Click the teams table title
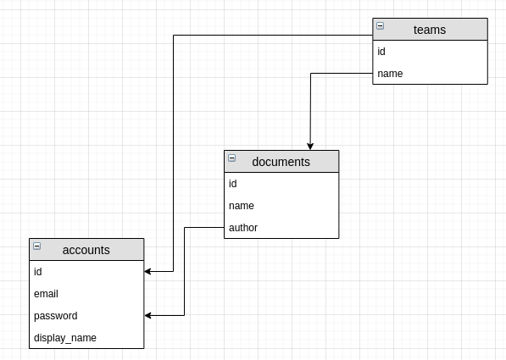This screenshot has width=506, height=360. click(x=430, y=30)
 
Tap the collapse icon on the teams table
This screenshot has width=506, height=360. click(x=380, y=26)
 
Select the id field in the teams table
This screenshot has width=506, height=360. click(x=381, y=52)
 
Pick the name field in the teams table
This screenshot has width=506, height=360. click(x=390, y=74)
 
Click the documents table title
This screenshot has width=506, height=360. click(x=281, y=162)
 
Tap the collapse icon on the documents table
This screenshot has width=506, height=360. click(x=231, y=158)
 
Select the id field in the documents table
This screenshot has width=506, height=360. click(x=233, y=184)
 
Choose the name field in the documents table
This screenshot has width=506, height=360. click(x=242, y=206)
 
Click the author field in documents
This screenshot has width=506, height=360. click(x=243, y=228)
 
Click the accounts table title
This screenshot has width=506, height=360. click(x=86, y=250)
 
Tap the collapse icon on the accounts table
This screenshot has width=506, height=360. click(x=36, y=246)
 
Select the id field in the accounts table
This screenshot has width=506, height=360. click(x=38, y=272)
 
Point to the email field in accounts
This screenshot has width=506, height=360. click(x=46, y=294)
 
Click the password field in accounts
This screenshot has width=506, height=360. click(x=56, y=316)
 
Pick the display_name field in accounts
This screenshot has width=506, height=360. click(x=65, y=338)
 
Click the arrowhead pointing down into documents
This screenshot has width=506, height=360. click(x=311, y=147)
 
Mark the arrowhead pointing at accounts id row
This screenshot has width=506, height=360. click(x=148, y=272)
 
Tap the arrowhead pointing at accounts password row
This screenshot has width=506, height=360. click(x=148, y=316)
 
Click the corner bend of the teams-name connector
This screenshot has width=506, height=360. click(x=311, y=74)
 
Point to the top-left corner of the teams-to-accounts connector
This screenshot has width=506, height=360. click(x=173, y=36)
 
